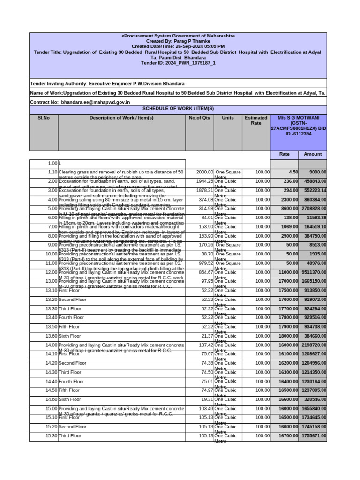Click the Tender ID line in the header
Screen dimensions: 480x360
pyautogui.click(x=178, y=63)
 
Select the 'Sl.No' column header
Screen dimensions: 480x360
pyautogui.click(x=44, y=118)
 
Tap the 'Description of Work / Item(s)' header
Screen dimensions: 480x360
pyautogui.click(x=121, y=118)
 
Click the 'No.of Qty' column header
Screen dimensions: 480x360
pyautogui.click(x=199, y=118)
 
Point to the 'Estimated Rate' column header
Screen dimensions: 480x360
pyautogui.click(x=256, y=121)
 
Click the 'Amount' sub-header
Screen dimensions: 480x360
pyautogui.click(x=313, y=154)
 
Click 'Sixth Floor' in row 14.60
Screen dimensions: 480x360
pyautogui.click(x=70, y=399)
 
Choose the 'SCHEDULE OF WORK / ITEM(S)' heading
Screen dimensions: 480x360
pyautogui.click(x=178, y=109)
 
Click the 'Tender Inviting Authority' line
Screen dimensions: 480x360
pyautogui.click(x=107, y=84)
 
